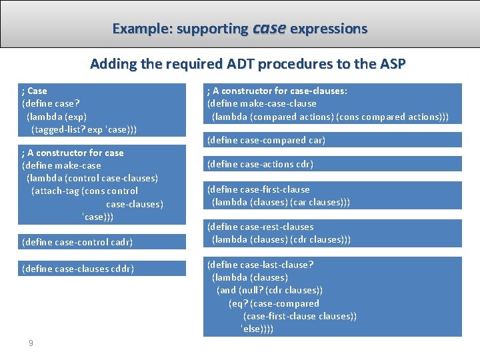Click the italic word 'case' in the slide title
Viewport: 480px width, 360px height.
(269, 28)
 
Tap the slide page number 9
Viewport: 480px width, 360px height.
(31, 343)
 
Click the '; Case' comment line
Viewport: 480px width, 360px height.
(35, 91)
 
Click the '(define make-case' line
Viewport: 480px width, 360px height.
(62, 165)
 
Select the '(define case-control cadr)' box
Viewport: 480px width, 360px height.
(77, 242)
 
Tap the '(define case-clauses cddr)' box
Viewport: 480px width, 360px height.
(78, 269)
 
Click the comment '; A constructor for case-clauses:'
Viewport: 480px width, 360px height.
(277, 91)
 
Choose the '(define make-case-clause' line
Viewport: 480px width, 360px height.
(262, 103)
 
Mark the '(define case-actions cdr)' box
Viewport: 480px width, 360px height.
(260, 164)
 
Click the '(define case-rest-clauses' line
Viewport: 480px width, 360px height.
(260, 227)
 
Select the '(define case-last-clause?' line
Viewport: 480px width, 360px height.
(260, 265)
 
